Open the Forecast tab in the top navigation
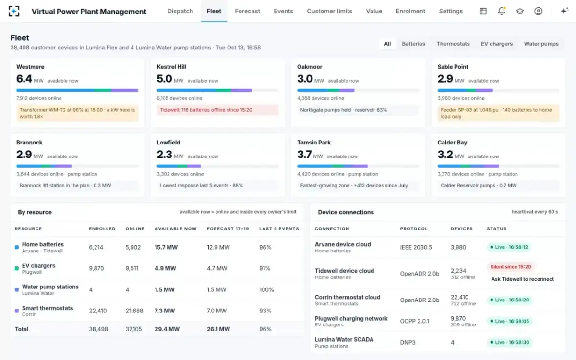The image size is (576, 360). point(247,11)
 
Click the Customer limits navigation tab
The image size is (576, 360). point(329,11)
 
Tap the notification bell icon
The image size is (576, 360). point(502,11)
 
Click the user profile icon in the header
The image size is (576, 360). point(538,11)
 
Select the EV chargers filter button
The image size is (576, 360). point(496,44)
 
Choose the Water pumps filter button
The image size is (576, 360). point(541,44)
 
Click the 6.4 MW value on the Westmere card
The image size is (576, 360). point(30,79)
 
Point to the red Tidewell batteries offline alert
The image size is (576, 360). point(218,110)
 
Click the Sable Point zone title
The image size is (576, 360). point(453,67)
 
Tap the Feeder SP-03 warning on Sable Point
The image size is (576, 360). point(498,113)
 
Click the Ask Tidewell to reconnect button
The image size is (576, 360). point(522,279)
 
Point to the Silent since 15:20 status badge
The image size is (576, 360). point(510,267)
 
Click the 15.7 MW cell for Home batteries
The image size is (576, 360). point(166,247)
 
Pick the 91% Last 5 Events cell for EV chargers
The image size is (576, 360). point(264,268)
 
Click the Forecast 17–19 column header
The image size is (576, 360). point(228,228)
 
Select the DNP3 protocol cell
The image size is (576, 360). point(408,342)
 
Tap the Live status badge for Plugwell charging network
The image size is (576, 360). point(509,321)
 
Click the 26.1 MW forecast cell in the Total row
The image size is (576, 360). point(218,329)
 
